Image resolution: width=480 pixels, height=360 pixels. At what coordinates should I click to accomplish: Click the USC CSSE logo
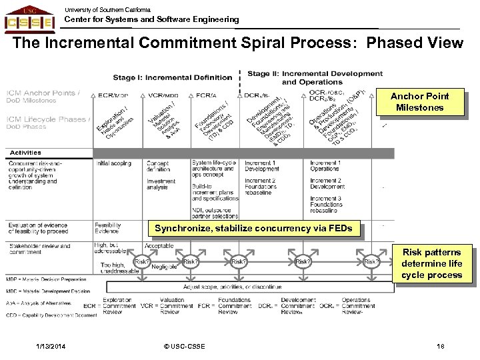(x=30, y=19)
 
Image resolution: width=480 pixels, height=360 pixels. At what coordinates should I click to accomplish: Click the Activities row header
(x=25, y=153)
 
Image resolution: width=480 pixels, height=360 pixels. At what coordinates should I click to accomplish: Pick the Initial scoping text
(x=114, y=163)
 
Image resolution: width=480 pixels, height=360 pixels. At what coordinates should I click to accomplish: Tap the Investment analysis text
(x=161, y=184)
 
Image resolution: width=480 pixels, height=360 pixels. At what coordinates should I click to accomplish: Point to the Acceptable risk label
(x=159, y=245)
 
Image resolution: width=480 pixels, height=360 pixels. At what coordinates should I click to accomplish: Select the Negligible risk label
(x=163, y=266)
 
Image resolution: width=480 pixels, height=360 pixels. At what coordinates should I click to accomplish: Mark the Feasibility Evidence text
(x=108, y=228)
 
